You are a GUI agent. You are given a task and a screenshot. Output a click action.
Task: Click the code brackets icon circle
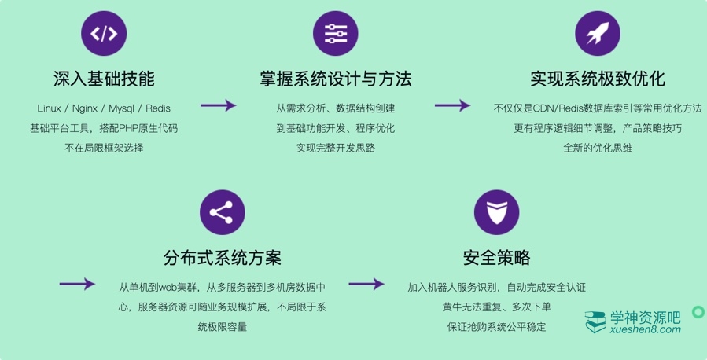(104, 33)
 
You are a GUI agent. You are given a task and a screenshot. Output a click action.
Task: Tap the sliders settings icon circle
(336, 33)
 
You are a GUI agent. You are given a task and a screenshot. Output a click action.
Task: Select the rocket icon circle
(598, 33)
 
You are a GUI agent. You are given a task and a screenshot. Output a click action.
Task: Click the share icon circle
(223, 212)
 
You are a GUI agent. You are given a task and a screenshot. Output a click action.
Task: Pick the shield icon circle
(496, 212)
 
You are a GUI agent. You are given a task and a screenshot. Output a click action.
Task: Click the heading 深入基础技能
(104, 79)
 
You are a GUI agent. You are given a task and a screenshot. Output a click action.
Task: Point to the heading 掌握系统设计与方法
(336, 79)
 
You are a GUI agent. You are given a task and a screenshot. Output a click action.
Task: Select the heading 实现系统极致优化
(598, 79)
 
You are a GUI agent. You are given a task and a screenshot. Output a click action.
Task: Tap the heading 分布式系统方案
(223, 258)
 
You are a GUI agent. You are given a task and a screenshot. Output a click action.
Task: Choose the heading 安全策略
(496, 258)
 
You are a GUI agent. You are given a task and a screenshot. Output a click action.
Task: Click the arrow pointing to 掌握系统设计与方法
(218, 105)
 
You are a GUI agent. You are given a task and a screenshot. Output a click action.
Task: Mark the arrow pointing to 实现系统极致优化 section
(452, 105)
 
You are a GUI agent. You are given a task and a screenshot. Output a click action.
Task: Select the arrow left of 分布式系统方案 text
(77, 284)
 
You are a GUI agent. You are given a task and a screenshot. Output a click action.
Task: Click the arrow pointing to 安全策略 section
(366, 284)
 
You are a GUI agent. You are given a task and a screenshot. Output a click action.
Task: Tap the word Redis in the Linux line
(157, 108)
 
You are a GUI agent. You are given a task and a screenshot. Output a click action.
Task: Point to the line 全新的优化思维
(598, 148)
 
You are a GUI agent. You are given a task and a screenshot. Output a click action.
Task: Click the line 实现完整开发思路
(336, 148)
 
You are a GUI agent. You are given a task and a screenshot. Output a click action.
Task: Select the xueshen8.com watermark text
(645, 330)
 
